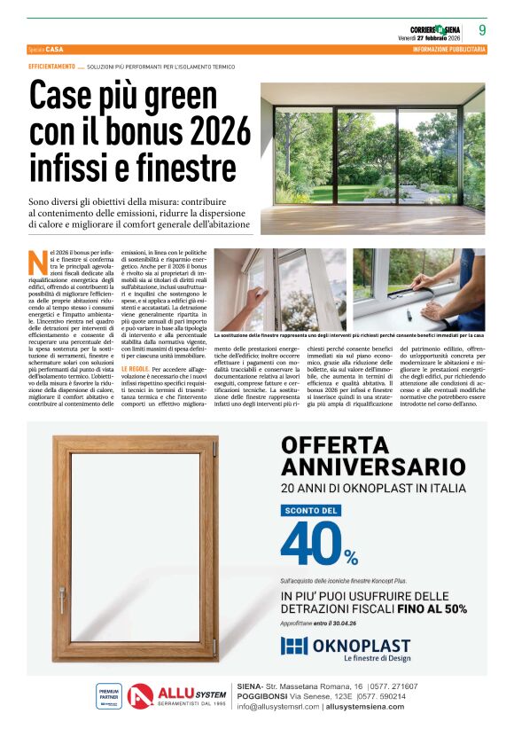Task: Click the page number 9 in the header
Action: coord(481,29)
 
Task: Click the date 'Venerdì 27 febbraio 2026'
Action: coord(430,38)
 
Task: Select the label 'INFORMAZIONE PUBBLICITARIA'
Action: coord(448,50)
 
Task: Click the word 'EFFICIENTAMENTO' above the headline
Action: coord(51,67)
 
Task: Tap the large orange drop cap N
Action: coord(37,263)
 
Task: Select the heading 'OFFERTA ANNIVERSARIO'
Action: coord(372,454)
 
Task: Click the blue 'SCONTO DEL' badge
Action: coord(311,511)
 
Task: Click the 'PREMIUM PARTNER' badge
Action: coord(108,694)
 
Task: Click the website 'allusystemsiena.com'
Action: coord(374,707)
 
